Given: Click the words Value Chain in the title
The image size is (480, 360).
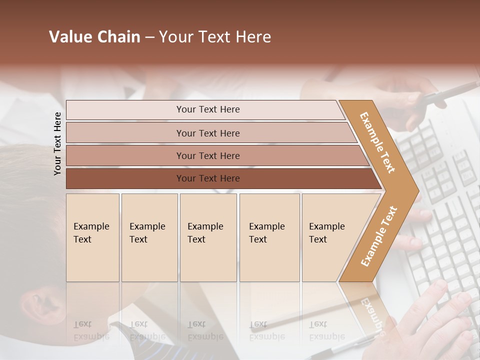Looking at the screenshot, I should point(94,37).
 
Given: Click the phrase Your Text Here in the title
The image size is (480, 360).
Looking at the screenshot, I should point(215,37).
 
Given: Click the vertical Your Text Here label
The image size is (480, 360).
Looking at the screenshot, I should point(57,143).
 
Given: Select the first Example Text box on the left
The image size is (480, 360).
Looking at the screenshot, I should point(92,237).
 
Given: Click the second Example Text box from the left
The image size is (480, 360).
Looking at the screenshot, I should point(149,237).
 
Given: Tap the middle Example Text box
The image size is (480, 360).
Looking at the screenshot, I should point(208,237).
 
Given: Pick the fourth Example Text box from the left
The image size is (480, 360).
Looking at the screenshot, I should point(269,237).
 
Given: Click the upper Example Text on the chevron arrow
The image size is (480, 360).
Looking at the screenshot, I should point(377,142).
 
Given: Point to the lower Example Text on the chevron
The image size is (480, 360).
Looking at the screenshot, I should point(378,236).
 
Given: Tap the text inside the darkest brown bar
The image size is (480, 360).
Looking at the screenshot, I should point(208,178).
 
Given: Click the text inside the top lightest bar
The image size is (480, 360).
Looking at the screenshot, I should point(208,109).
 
